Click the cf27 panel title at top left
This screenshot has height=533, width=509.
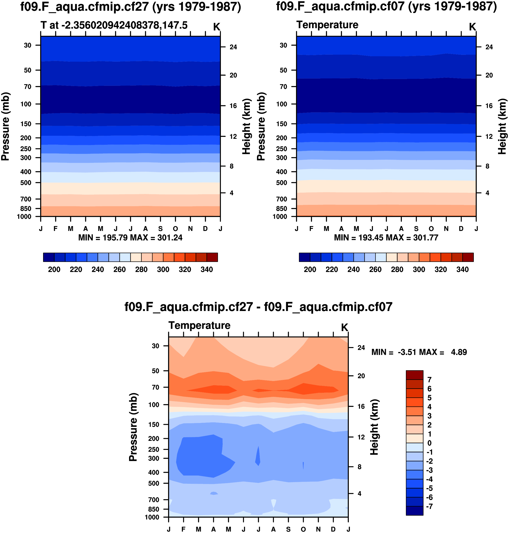pyautogui.click(x=130, y=7)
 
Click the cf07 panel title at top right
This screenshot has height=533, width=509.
pyautogui.click(x=386, y=7)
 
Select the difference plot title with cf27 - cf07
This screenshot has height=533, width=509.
pyautogui.click(x=258, y=307)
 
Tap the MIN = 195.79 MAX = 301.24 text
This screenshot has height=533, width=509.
pyautogui.click(x=130, y=238)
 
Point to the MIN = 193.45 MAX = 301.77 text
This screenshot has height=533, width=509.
pyautogui.click(x=386, y=238)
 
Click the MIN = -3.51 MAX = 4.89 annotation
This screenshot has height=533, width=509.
pyautogui.click(x=419, y=352)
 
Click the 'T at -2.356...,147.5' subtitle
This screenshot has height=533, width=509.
pyautogui.click(x=114, y=25)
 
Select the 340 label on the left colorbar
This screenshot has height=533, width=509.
pyautogui.click(x=206, y=270)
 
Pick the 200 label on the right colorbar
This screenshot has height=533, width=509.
pyautogui.click(x=310, y=270)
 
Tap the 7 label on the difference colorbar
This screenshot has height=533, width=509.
pyautogui.click(x=429, y=380)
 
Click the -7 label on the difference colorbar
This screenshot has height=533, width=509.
pyautogui.click(x=429, y=506)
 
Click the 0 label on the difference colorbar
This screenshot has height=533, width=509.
pyautogui.click(x=429, y=443)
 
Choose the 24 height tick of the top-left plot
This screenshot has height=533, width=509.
pyautogui.click(x=233, y=47)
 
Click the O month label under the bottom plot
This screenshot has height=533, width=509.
pyautogui.click(x=303, y=529)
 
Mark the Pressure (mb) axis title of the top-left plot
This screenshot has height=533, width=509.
pyautogui.click(x=5, y=126)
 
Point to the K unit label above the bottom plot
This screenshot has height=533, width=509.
pyautogui.click(x=344, y=328)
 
